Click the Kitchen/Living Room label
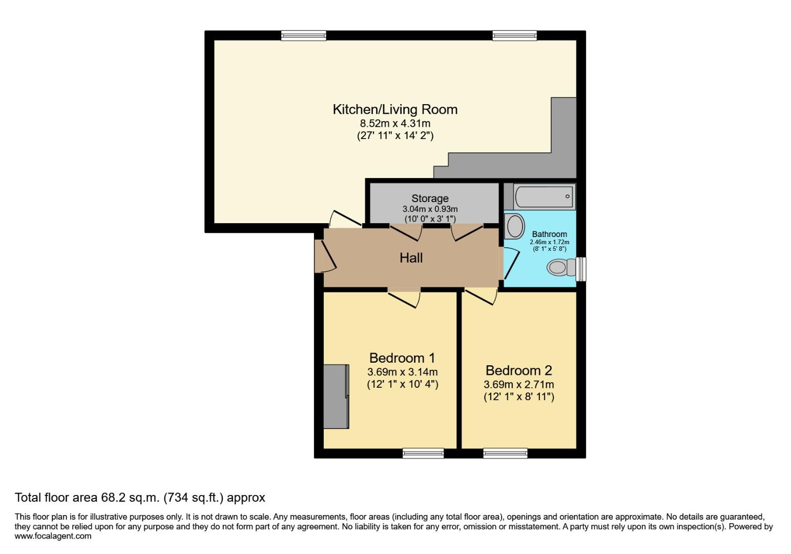(x=395, y=110)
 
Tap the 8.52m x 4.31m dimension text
(x=395, y=124)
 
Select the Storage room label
(x=430, y=199)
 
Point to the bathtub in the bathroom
(x=545, y=196)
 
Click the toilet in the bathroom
(x=561, y=267)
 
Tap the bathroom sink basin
(x=515, y=226)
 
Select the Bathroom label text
(x=550, y=234)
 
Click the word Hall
(x=411, y=258)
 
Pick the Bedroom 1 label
(x=402, y=358)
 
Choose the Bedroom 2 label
(x=518, y=370)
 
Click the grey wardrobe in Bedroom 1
(x=336, y=397)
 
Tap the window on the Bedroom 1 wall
(x=423, y=453)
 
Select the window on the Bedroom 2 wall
(x=505, y=453)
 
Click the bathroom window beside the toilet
(x=581, y=269)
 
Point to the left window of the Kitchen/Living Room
(x=304, y=35)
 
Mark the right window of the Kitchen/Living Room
(x=514, y=35)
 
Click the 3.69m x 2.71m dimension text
(x=519, y=384)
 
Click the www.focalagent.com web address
(x=53, y=536)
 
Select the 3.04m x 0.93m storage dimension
(x=430, y=209)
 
